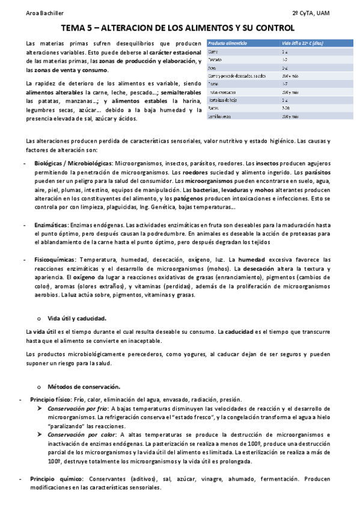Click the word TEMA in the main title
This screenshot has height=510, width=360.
[77, 28]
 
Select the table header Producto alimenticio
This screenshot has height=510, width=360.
[228, 43]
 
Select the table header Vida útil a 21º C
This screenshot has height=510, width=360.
[304, 43]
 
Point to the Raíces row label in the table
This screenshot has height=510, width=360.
[214, 108]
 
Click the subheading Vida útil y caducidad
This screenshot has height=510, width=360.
[77, 318]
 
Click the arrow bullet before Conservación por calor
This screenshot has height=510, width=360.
[40, 435]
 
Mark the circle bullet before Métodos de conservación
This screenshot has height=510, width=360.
[38, 387]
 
